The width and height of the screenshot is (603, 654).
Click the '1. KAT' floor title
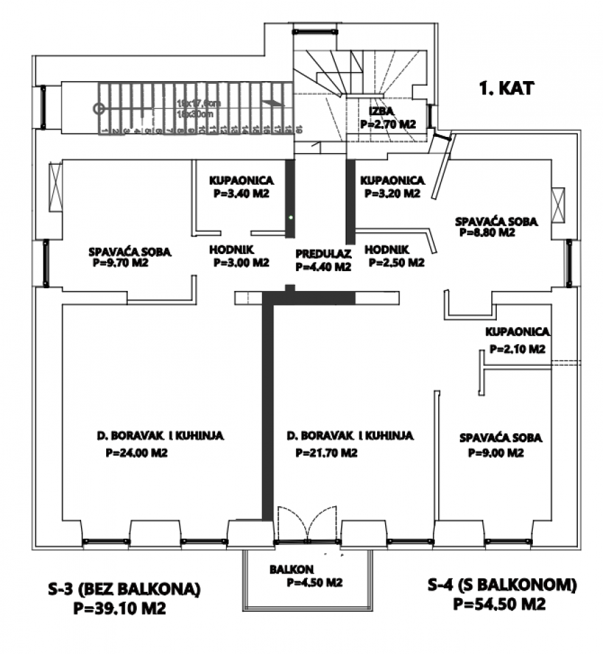[506, 87]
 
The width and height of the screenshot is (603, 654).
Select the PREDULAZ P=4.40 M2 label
[323, 260]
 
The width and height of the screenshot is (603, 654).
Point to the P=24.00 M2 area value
[130, 452]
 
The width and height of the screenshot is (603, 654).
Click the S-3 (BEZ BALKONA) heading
[125, 588]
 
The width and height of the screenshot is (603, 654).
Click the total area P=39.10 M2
[119, 608]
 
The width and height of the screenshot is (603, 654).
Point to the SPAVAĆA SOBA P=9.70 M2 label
[130, 256]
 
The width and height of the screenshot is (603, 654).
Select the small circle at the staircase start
[99, 108]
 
